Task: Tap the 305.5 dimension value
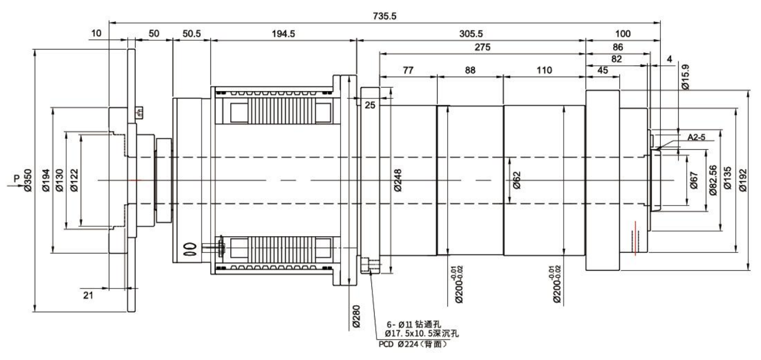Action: (x=470, y=34)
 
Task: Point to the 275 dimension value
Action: (x=482, y=48)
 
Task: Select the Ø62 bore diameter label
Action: (x=516, y=180)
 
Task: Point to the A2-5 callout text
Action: (x=697, y=137)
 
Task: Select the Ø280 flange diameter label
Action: (x=356, y=317)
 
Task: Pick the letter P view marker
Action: (x=17, y=177)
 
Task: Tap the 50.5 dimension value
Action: (x=191, y=34)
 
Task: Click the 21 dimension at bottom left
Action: (x=89, y=295)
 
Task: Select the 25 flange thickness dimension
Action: (x=369, y=104)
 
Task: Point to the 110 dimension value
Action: (x=543, y=70)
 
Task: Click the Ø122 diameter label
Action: (x=74, y=181)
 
